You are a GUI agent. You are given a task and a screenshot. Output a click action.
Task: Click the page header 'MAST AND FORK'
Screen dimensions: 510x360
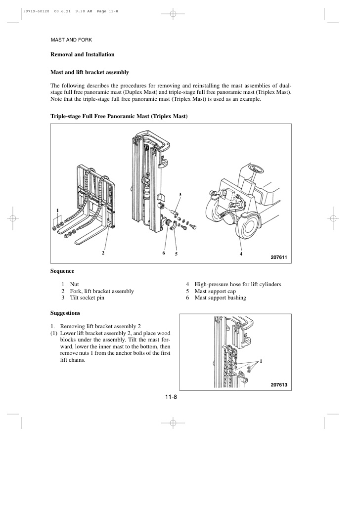point(72,40)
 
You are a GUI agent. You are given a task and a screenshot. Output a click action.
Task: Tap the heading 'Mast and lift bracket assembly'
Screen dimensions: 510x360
point(90,72)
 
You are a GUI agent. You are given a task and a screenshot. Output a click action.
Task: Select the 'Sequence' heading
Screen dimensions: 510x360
point(62,271)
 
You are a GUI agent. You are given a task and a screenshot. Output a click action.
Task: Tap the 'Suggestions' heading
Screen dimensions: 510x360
point(65,313)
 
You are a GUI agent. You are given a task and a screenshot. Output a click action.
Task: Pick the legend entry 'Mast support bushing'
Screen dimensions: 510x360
point(220,298)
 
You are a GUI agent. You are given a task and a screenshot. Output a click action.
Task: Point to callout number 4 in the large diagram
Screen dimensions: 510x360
point(241,254)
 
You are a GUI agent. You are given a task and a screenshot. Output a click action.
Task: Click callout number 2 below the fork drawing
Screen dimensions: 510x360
point(103,253)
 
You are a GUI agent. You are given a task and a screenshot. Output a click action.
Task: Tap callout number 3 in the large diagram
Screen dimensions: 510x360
point(180,193)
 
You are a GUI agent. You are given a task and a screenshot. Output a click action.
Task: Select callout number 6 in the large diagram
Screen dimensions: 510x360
point(163,253)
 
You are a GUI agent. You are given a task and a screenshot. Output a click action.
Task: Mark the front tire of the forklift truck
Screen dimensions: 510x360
point(249,228)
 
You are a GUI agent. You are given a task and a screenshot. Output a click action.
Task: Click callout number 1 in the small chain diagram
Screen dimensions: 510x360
point(261,361)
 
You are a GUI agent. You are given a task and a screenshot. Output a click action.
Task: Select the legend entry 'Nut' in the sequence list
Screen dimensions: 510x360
point(75,284)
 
